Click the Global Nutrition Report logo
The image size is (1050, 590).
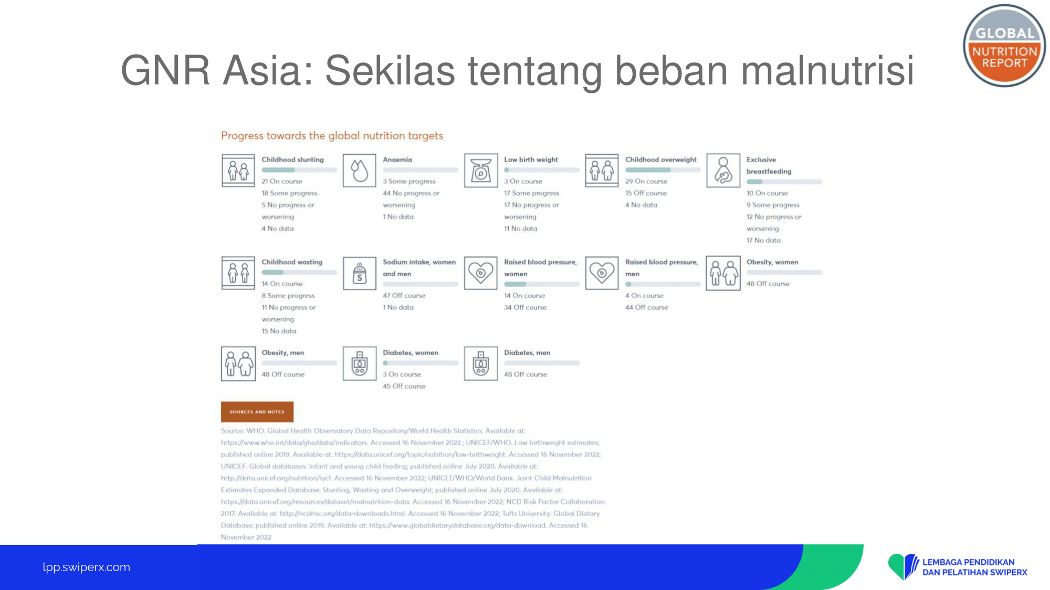point(1004,46)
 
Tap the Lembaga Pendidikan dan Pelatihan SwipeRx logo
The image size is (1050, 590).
point(958,567)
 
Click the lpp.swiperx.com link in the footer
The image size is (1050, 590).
point(87,567)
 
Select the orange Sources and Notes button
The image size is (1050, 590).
point(257,412)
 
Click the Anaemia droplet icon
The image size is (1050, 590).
point(360,170)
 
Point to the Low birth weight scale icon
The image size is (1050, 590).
point(481,170)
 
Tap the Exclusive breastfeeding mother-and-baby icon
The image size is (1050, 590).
point(723,170)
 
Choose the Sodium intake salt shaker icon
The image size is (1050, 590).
point(360,273)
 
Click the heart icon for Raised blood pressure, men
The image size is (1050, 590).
point(602,273)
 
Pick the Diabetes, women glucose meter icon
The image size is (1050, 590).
point(360,363)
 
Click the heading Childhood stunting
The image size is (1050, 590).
point(293,159)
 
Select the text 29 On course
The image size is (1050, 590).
point(646,181)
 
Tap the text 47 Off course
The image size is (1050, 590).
point(404,296)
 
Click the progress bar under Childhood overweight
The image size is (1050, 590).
point(663,170)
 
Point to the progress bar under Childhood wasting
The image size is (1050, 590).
point(299,272)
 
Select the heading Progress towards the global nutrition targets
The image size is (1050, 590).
point(332,136)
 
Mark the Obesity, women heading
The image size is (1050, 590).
point(772,262)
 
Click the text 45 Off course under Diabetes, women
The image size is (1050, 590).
point(404,387)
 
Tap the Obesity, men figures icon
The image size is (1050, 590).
point(238,363)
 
